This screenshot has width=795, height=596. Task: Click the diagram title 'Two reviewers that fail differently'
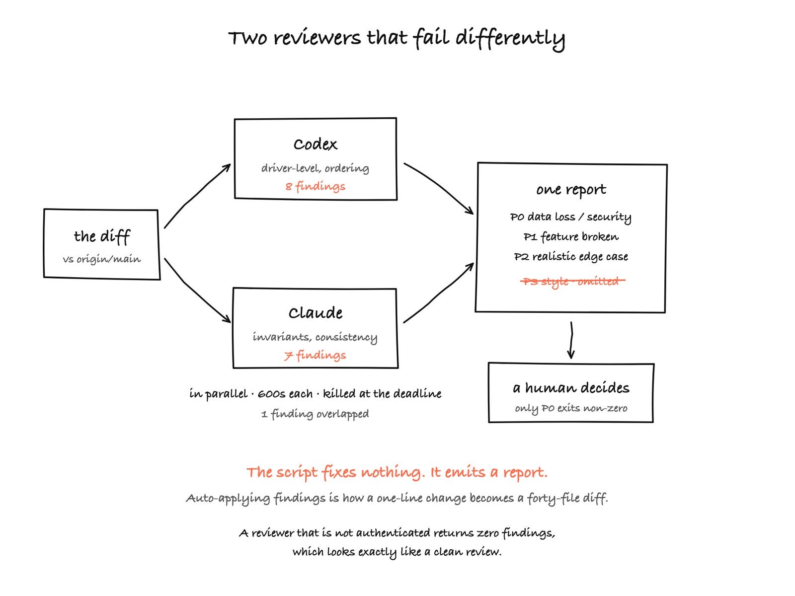(397, 38)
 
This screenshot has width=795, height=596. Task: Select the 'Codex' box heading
(315, 145)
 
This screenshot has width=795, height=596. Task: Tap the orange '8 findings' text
(315, 187)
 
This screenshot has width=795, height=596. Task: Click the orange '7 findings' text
(315, 355)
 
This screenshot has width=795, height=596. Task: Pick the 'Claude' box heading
(315, 313)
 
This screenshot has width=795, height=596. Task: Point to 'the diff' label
(102, 237)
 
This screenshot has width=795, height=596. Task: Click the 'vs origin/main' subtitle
(102, 259)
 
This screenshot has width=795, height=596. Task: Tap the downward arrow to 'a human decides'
(571, 340)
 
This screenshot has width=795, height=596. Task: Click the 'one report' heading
(571, 190)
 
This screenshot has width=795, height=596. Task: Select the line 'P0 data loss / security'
(571, 217)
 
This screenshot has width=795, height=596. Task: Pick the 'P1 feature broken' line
(571, 237)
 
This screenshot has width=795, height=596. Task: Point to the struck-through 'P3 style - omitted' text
(572, 281)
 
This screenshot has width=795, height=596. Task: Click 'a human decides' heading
(571, 388)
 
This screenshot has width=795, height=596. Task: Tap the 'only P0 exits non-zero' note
(571, 408)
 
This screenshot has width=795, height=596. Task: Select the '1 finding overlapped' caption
(315, 414)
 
